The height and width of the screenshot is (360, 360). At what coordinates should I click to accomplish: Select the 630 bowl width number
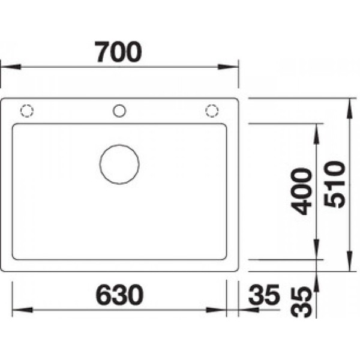coord(119,295)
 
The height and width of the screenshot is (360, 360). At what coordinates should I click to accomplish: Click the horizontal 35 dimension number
coord(264,295)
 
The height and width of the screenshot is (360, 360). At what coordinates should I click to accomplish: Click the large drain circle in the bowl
coord(119,163)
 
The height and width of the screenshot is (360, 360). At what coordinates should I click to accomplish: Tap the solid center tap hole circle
coord(119,110)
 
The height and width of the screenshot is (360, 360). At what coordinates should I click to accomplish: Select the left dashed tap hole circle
coord(28,111)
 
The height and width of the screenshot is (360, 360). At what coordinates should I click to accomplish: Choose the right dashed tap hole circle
coord(211,110)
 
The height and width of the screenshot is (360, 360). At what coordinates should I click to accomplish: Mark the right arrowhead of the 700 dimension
coord(233,67)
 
